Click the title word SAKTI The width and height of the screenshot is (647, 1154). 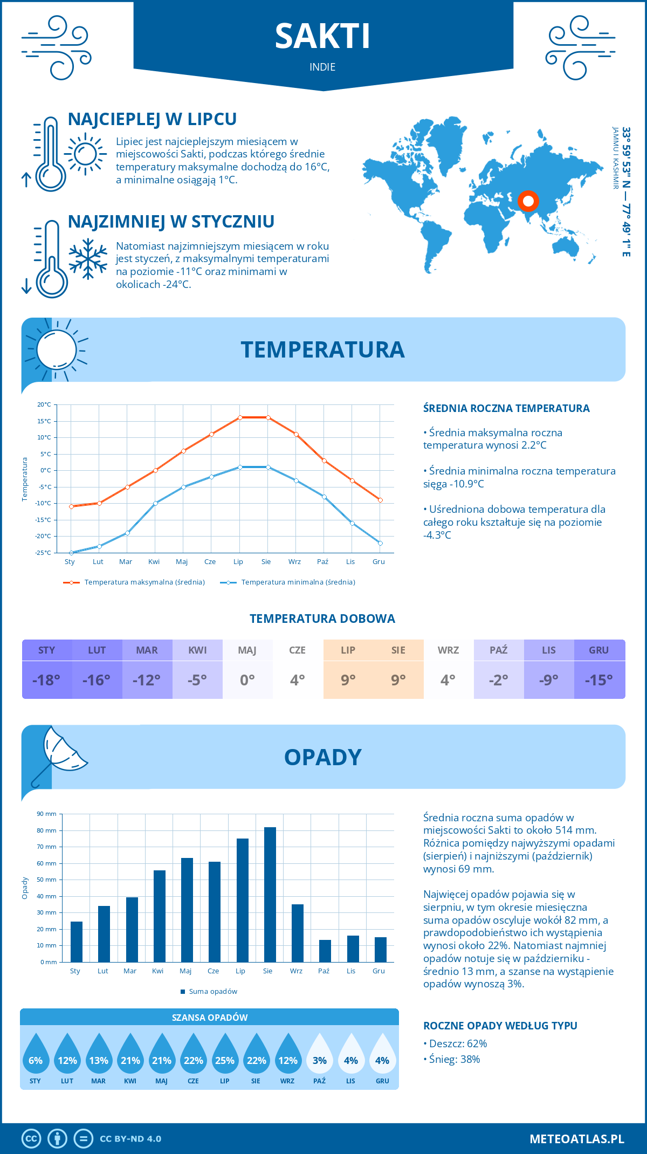(x=322, y=37)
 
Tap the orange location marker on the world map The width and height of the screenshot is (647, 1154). (x=528, y=201)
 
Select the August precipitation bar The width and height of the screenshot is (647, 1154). (x=270, y=894)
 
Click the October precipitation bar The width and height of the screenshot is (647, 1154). (x=325, y=951)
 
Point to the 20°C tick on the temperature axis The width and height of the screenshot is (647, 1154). (x=44, y=404)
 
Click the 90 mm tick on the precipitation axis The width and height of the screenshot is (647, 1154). (x=47, y=814)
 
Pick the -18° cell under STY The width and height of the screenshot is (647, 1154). (x=47, y=680)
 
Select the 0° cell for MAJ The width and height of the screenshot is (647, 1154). (x=247, y=680)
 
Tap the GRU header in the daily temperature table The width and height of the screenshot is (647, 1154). (x=599, y=650)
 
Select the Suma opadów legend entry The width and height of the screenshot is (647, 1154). (x=213, y=992)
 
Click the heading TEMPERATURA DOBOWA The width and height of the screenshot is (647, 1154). (x=322, y=619)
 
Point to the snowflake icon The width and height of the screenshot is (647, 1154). (x=88, y=259)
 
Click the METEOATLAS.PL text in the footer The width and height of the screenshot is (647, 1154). (x=576, y=1139)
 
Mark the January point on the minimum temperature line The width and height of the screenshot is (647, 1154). (x=71, y=553)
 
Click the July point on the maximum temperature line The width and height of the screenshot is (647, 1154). (x=240, y=417)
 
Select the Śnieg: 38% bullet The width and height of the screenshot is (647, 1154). (x=454, y=1059)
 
